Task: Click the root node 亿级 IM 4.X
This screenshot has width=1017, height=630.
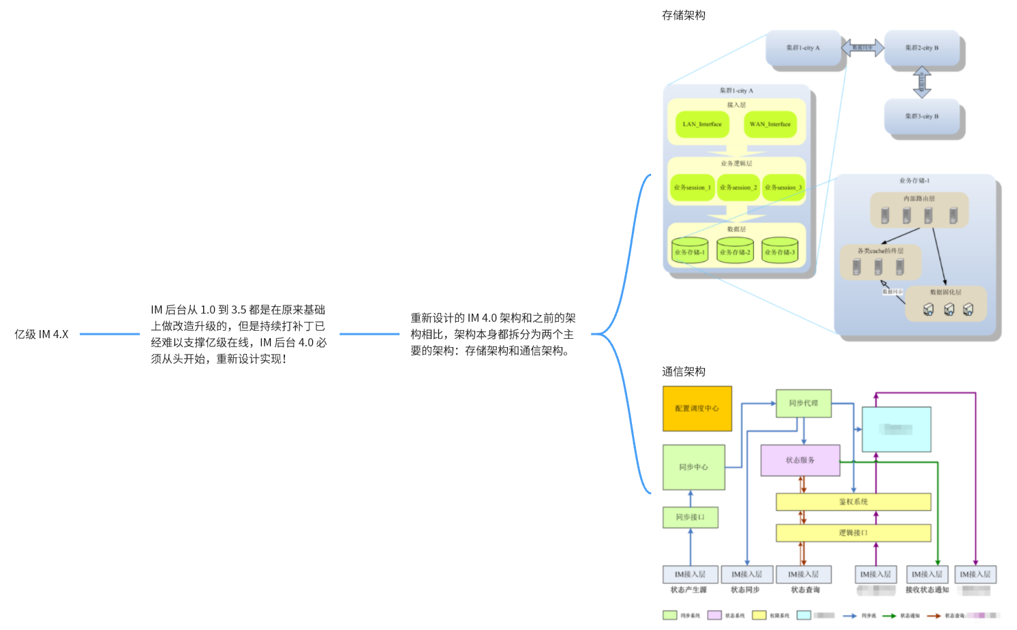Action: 42,334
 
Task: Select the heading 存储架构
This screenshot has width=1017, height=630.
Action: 683,15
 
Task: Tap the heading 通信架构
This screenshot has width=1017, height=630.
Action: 683,372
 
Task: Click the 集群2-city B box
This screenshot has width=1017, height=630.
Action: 922,48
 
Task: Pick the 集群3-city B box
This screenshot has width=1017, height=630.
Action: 922,117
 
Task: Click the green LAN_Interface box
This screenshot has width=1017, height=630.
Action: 702,124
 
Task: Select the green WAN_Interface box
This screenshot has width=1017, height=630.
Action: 770,124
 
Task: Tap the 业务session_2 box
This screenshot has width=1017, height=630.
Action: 738,187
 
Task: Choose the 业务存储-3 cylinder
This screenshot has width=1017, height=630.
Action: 780,252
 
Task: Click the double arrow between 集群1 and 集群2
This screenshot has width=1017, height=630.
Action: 862,48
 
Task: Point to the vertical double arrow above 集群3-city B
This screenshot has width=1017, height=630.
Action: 922,82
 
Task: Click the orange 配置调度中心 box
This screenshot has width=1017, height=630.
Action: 697,408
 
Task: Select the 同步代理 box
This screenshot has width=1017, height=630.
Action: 803,403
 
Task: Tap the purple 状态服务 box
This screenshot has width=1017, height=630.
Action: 800,460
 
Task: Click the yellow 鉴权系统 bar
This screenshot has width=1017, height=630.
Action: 853,502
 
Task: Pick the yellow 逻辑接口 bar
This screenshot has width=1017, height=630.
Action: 853,533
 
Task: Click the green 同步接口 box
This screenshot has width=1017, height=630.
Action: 690,517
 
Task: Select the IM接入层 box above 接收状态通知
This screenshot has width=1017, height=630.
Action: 927,574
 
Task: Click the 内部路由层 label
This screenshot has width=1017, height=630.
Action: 919,198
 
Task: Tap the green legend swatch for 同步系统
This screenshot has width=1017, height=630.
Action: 669,616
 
